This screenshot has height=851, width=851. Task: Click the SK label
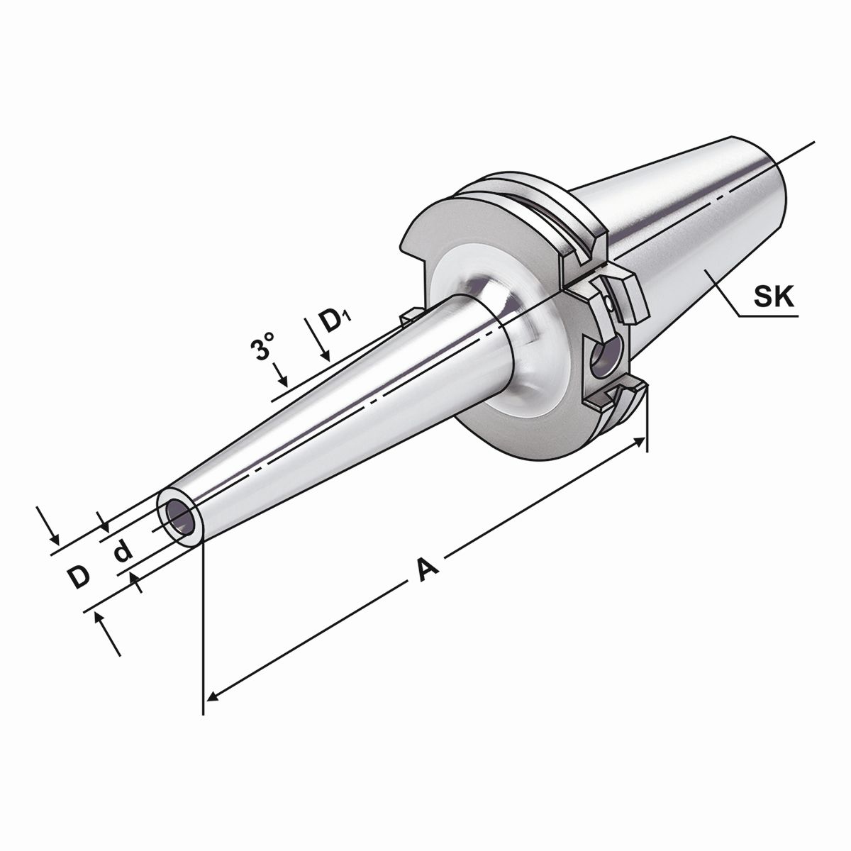click(x=773, y=296)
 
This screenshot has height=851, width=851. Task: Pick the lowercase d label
click(x=123, y=550)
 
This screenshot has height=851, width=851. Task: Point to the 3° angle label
click(x=264, y=348)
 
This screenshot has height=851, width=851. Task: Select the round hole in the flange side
click(x=604, y=359)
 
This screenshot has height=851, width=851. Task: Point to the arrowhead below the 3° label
click(x=283, y=381)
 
